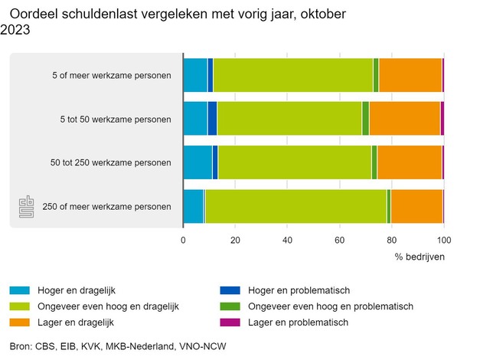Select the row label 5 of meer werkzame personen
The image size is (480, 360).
coord(117,75)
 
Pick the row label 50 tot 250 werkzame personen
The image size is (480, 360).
coord(110,162)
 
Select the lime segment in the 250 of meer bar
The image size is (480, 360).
coord(296,207)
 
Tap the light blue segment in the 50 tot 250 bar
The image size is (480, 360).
coord(198,162)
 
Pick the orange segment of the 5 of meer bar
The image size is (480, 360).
coord(410,75)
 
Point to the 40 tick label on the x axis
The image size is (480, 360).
coord(287,240)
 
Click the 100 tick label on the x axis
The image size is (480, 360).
coord(443,240)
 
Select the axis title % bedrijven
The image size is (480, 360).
coord(419,256)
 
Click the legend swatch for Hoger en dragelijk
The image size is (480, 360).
coord(20,290)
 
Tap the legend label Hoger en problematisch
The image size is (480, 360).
coord(299,290)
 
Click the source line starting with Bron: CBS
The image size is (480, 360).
coord(117,346)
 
